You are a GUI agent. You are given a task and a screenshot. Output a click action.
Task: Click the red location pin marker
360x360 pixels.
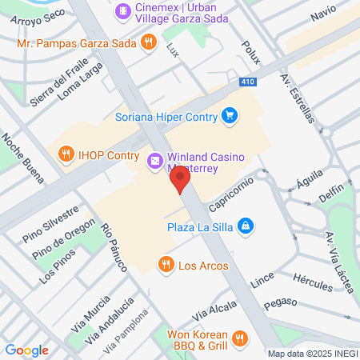(181, 180)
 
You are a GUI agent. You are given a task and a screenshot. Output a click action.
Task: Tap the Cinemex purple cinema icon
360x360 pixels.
(122, 11)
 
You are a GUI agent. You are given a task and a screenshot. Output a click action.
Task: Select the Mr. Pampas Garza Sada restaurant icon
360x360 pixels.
(147, 42)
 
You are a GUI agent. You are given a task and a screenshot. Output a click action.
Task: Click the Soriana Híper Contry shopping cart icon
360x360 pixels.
(230, 115)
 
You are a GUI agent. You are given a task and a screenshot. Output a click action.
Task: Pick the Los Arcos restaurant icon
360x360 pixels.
(166, 264)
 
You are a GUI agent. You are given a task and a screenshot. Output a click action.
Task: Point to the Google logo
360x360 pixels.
(27, 350)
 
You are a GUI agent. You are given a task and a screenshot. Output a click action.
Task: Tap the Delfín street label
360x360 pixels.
(331, 194)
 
